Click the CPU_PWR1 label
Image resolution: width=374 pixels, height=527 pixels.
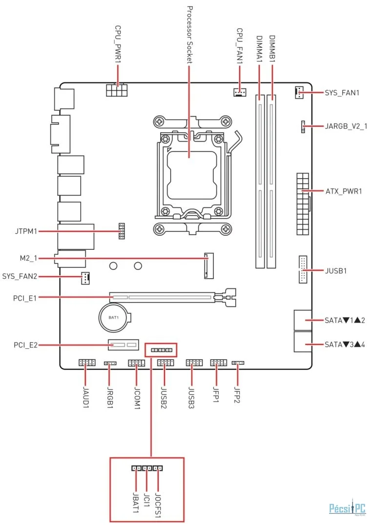click(x=118, y=44)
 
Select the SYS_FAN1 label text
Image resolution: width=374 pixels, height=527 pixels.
click(x=342, y=93)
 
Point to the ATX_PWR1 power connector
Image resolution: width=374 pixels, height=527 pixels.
click(x=303, y=203)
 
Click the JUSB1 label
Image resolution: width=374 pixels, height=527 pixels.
click(x=335, y=271)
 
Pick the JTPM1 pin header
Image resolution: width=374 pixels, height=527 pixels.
click(x=122, y=231)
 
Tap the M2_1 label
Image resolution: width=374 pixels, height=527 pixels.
click(x=28, y=258)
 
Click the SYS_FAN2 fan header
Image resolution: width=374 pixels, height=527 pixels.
click(x=85, y=278)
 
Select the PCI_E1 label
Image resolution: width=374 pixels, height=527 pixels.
click(x=24, y=298)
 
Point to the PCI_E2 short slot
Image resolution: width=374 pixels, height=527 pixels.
click(x=124, y=345)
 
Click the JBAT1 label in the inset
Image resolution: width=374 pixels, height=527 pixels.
click(x=136, y=503)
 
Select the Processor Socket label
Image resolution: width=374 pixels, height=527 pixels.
click(x=190, y=35)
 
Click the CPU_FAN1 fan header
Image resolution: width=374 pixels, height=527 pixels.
click(x=240, y=92)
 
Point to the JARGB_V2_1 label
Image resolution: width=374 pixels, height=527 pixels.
click(x=346, y=126)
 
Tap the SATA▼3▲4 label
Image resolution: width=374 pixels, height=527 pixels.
click(x=345, y=345)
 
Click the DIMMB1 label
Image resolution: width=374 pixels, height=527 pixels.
click(x=272, y=49)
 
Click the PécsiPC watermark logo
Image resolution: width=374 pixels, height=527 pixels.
click(x=348, y=508)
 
